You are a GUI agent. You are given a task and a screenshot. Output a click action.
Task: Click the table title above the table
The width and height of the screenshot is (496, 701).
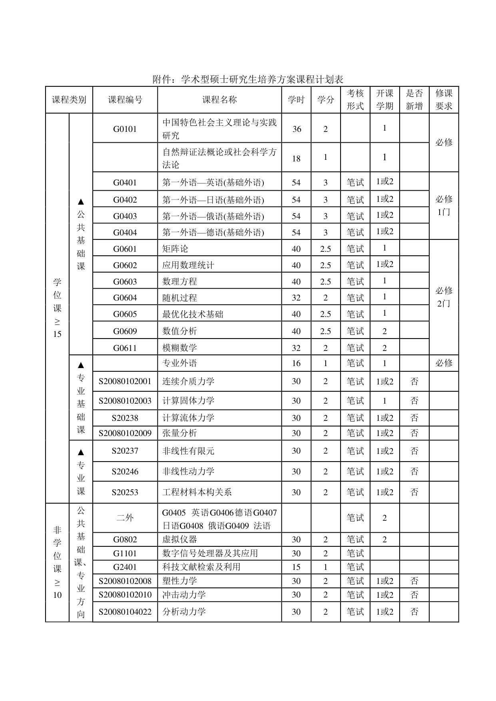coord(248,80)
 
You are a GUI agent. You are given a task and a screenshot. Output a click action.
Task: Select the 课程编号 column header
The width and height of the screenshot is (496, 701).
coord(125,100)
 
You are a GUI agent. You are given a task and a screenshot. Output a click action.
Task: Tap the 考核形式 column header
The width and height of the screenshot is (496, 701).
coord(355,100)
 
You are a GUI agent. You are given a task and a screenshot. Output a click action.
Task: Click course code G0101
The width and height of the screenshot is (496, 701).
coord(125,129)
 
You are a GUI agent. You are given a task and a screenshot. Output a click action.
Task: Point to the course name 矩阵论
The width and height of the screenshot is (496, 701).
coord(175,249)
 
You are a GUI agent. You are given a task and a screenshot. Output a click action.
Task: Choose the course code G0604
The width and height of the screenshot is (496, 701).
coord(125,298)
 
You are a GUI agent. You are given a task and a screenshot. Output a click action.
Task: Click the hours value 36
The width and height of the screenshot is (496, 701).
coord(296,129)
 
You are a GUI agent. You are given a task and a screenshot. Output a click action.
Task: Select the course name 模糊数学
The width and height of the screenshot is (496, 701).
coord(179,348)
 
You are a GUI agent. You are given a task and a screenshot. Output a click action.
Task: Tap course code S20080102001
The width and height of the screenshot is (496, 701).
coord(125,382)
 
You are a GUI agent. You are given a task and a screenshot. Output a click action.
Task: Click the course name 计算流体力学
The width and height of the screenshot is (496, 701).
coord(188,418)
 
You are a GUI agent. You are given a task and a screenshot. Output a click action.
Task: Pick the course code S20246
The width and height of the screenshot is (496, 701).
coord(125,472)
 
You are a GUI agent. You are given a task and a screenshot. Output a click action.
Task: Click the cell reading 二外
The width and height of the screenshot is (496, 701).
coord(125,518)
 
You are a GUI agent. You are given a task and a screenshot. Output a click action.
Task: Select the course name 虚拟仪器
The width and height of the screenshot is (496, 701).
coord(179,540)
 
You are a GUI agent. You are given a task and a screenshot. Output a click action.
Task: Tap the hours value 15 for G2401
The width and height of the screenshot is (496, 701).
coord(296,567)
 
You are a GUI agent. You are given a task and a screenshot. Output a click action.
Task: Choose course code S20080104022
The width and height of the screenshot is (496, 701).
coord(125,612)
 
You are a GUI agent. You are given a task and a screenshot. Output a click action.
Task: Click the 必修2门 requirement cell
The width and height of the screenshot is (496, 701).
coord(444,297)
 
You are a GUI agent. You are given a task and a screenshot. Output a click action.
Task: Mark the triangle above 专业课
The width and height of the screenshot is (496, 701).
coord(81,452)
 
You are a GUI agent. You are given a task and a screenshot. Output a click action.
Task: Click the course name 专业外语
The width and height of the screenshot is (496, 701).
coord(179,363)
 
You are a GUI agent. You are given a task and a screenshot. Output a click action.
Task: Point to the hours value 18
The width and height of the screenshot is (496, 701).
coord(296,159)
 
